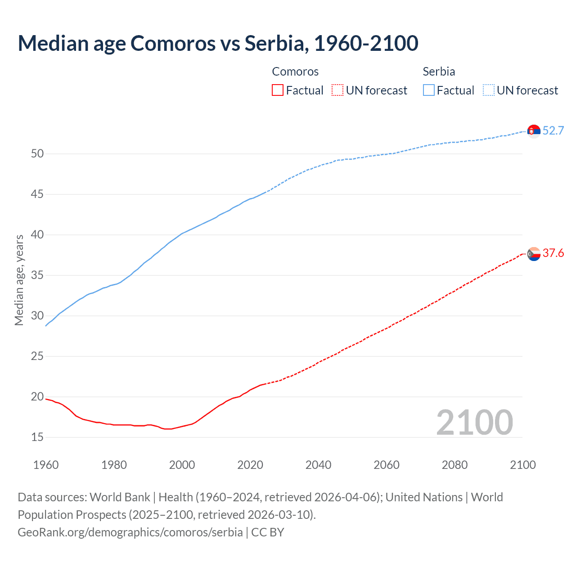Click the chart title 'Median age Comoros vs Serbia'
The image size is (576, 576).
(x=218, y=43)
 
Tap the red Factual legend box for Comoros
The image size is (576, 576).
(x=278, y=90)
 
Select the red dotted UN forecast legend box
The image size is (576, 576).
(x=337, y=90)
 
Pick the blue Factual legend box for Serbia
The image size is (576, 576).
(x=429, y=90)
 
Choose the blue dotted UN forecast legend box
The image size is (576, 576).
(x=488, y=90)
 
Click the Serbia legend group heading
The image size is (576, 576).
(x=439, y=72)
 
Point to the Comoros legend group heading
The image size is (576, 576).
(x=295, y=72)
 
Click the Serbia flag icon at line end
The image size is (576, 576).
(x=534, y=131)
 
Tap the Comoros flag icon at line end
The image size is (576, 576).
(x=534, y=254)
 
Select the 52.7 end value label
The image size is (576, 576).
(x=553, y=130)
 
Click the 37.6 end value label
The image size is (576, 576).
(x=553, y=253)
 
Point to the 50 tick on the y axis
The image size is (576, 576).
(x=37, y=154)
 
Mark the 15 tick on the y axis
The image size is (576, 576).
(x=37, y=437)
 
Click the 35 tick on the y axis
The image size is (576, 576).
(x=37, y=275)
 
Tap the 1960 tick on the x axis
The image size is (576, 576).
(x=46, y=465)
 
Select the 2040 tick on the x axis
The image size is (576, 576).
(x=318, y=465)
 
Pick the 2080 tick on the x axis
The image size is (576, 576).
(x=454, y=465)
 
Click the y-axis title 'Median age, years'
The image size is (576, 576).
(x=19, y=280)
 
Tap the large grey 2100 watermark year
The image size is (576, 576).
(x=474, y=423)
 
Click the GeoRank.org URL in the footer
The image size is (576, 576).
(x=130, y=532)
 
